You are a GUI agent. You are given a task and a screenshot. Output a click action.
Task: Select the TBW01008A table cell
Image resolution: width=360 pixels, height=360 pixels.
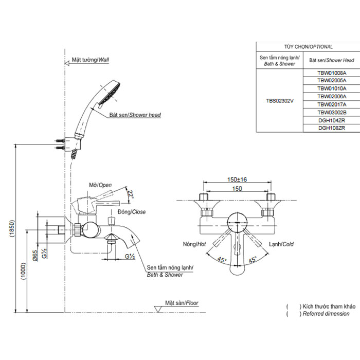pyautogui.click(x=332, y=73)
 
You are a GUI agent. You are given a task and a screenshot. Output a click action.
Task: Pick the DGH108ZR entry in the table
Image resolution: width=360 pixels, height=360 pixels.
pyautogui.click(x=332, y=128)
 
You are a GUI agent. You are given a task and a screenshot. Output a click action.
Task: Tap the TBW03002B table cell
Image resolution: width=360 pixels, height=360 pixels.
pyautogui.click(x=332, y=112)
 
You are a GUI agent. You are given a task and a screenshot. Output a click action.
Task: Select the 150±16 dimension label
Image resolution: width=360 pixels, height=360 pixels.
pyautogui.click(x=237, y=179)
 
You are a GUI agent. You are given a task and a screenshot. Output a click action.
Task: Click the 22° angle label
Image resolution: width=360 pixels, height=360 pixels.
pyautogui.click(x=131, y=194)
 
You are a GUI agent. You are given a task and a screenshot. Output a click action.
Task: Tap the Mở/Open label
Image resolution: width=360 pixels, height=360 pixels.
pyautogui.click(x=100, y=185)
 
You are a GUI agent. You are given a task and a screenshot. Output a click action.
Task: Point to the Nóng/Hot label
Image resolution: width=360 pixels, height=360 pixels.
pyautogui.click(x=194, y=244)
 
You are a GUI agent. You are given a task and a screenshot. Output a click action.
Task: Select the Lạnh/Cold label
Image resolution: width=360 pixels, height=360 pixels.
pyautogui.click(x=281, y=244)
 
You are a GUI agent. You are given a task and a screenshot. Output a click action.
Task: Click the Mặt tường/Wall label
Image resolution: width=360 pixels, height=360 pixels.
pyautogui.click(x=91, y=60)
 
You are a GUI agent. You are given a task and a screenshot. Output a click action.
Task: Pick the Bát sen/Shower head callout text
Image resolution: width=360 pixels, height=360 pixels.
pyautogui.click(x=135, y=115)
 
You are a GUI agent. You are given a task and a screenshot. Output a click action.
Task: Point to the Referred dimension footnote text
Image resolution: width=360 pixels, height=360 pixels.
pyautogui.click(x=326, y=313)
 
